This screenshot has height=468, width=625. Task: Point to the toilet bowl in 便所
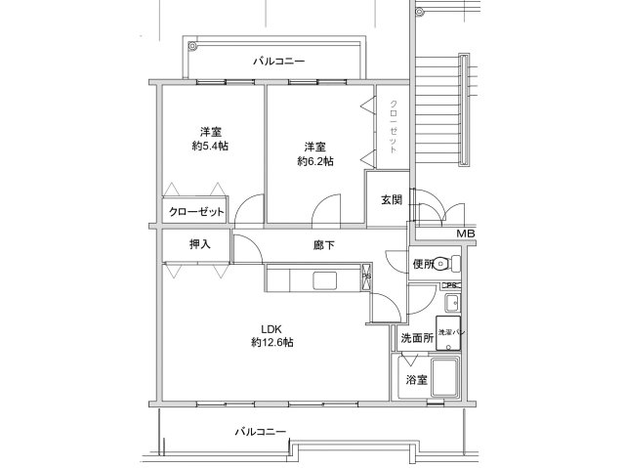tap(444, 262)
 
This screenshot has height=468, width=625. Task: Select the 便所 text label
tap(423, 263)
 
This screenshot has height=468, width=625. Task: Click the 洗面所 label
tap(416, 338)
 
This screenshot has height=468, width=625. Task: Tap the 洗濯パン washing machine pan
tap(450, 332)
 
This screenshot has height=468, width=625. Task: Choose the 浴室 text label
tap(416, 379)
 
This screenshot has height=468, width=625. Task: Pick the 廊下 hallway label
tap(323, 246)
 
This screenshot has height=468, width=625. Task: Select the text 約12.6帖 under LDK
tap(272, 343)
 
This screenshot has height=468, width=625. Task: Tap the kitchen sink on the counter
tap(326, 281)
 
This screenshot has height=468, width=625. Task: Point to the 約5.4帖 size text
tap(210, 147)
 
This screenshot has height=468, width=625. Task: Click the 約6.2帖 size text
tap(314, 161)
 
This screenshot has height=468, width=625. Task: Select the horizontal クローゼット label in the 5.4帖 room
tap(195, 212)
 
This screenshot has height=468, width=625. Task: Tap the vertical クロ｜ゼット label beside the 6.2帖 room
tap(393, 127)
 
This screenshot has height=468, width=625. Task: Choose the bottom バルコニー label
tap(260, 431)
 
